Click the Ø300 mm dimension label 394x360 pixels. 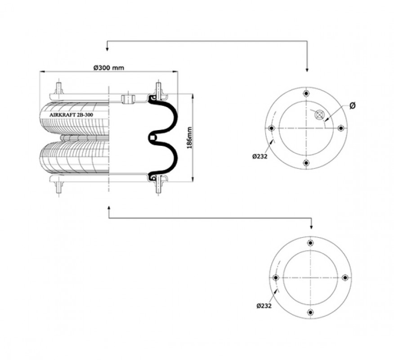(x=108, y=67)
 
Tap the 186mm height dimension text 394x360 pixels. (x=189, y=138)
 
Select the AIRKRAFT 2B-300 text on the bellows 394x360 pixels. (x=72, y=115)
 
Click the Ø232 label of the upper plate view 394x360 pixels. (x=260, y=156)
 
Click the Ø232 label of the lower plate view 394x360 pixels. (x=264, y=306)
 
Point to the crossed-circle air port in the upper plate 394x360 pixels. (x=319, y=115)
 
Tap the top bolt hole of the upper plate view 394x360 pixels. (x=306, y=94)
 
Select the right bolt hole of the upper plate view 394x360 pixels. (x=341, y=128)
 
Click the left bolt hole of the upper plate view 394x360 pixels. (x=271, y=128)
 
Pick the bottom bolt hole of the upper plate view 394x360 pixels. (x=306, y=163)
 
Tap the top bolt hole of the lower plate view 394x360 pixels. (x=311, y=243)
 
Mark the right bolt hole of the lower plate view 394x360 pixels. (x=345, y=278)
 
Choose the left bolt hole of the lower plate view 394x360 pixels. (x=276, y=278)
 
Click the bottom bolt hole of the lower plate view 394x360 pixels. (x=311, y=312)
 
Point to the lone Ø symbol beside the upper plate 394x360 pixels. (x=353, y=106)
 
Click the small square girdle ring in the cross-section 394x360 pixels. (x=152, y=138)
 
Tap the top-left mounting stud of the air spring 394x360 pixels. (x=59, y=89)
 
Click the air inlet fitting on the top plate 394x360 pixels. (x=128, y=99)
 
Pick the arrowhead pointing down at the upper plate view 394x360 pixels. (x=307, y=70)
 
